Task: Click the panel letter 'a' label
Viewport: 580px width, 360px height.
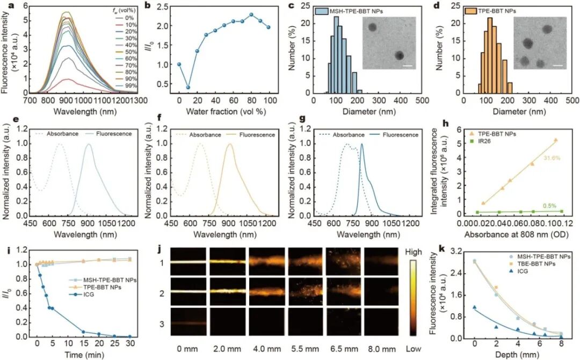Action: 4,6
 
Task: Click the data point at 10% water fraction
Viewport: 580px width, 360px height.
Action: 188,87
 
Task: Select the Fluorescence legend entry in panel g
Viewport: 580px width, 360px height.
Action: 398,134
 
